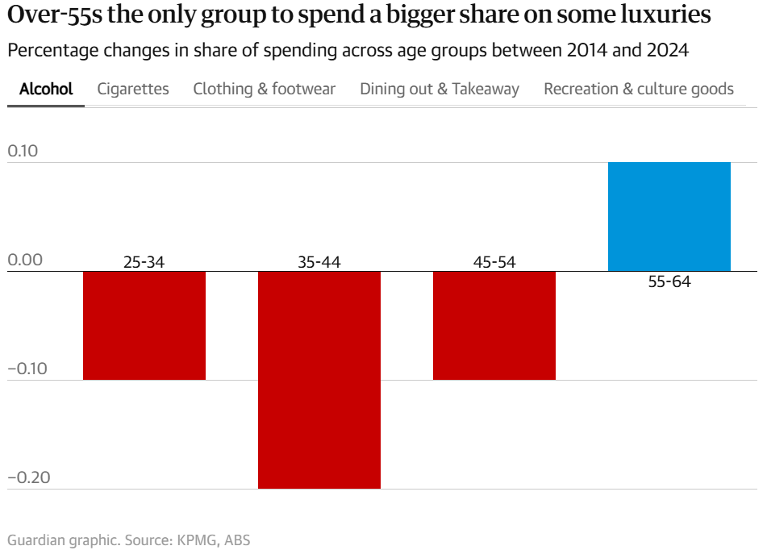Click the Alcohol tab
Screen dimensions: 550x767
coord(46,89)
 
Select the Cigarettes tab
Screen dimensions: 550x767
coord(133,89)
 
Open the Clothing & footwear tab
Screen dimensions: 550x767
coord(265,89)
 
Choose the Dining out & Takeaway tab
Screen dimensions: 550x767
coord(440,89)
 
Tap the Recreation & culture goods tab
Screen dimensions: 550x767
coord(639,89)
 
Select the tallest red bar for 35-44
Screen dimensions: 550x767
coord(319,379)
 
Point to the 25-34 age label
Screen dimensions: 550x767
coord(144,262)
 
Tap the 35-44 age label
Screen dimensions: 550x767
coord(319,262)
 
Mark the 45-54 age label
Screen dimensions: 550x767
coord(494,262)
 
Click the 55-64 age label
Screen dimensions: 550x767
coord(669,282)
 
